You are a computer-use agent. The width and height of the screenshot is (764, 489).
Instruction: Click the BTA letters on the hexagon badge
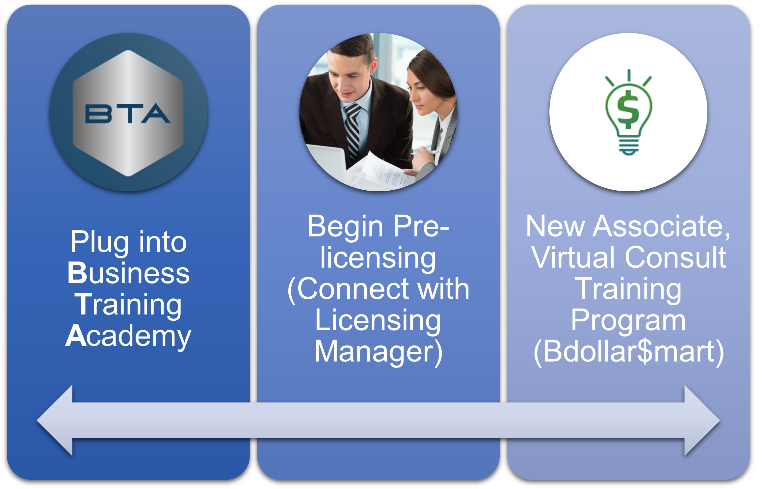[128, 114]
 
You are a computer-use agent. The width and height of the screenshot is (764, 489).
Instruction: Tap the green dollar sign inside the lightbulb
[628, 109]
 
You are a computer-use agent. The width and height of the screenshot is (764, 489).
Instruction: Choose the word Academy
[128, 336]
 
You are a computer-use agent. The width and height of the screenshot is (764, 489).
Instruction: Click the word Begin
[345, 227]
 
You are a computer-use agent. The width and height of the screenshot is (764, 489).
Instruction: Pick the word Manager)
[379, 352]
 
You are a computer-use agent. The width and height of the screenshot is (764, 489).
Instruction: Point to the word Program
[628, 321]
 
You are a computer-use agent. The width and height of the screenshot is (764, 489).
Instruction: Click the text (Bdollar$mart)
[629, 352]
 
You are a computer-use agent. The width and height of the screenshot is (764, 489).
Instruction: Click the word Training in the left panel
[128, 305]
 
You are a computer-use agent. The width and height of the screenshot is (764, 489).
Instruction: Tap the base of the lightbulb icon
[628, 147]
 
